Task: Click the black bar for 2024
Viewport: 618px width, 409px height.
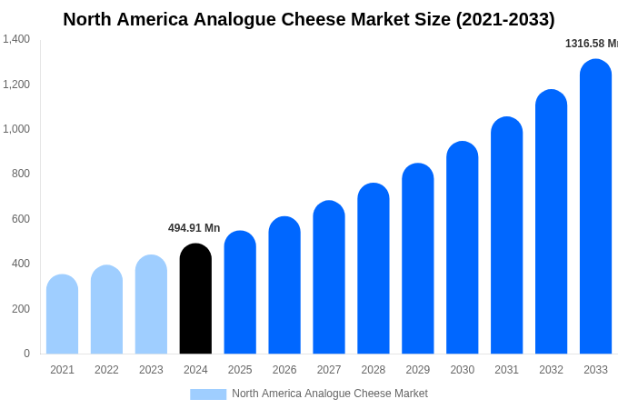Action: click(x=195, y=299)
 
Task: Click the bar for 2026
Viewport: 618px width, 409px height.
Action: click(x=284, y=285)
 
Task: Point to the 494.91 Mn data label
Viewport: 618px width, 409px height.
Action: click(x=194, y=228)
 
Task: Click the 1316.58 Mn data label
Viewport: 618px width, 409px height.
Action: click(x=591, y=44)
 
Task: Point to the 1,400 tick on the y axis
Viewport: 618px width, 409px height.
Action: click(x=16, y=39)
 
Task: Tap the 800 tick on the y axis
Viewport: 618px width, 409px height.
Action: click(x=21, y=174)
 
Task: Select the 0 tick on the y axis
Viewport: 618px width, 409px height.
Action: click(x=26, y=354)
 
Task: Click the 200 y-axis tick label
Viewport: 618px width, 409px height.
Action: click(x=21, y=309)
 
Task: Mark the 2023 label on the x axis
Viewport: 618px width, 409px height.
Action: click(x=151, y=370)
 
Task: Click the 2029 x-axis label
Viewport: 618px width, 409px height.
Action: click(x=418, y=370)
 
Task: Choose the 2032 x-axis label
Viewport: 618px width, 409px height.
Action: click(x=551, y=370)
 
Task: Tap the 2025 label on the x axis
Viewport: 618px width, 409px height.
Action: click(x=240, y=370)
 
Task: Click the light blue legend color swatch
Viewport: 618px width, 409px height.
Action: click(x=208, y=394)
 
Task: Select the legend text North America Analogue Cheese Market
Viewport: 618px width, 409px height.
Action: click(x=329, y=394)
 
